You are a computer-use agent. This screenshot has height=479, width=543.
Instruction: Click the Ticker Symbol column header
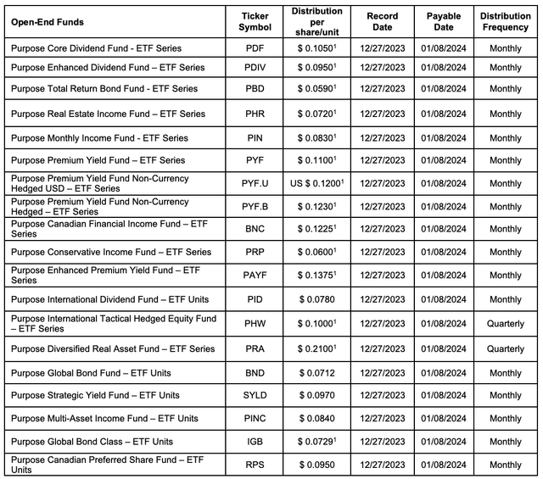255,21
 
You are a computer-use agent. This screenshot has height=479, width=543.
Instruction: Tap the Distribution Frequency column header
506,21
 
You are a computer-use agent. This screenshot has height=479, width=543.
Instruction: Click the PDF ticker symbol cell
255,48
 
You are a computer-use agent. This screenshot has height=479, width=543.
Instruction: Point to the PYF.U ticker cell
255,183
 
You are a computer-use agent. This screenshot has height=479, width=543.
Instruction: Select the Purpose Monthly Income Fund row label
99,137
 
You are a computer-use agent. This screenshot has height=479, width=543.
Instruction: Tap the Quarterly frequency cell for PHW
506,323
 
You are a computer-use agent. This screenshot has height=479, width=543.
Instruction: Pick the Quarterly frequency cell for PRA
506,348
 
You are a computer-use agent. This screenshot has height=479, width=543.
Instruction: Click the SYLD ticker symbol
255,395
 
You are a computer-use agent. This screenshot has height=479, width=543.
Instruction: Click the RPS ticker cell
255,465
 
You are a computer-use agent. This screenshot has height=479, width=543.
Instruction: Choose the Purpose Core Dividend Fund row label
96,48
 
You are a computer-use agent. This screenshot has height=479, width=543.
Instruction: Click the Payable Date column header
444,21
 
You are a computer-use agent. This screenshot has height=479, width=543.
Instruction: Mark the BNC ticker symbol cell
255,228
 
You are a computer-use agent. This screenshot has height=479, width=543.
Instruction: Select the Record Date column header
382,21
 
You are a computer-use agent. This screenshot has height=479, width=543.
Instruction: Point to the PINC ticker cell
255,418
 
